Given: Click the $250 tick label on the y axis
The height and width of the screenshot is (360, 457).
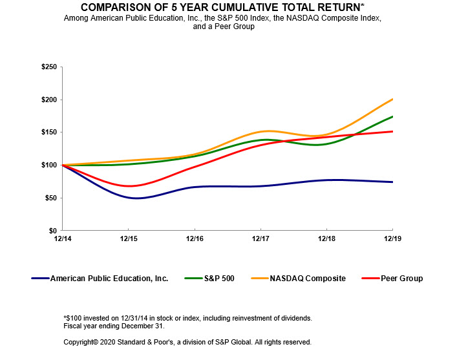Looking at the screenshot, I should [x=48, y=67].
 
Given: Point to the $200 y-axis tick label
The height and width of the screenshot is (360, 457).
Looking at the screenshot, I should [x=48, y=100].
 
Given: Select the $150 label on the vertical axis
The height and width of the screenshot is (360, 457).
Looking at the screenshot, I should [x=48, y=132].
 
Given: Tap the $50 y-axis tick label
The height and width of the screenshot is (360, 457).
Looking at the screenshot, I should [x=50, y=197].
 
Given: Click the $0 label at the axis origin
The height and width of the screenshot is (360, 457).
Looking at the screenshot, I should [x=53, y=230].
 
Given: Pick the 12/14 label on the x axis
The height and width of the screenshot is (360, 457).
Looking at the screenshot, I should [x=62, y=239].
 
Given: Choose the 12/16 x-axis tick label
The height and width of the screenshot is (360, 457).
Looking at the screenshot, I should [x=195, y=239].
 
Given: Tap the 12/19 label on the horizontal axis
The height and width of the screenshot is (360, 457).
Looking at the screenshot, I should [x=392, y=239].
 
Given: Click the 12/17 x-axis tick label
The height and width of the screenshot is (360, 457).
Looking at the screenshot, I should [x=260, y=239].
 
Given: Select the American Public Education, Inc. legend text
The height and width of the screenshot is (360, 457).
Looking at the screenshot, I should [x=109, y=279].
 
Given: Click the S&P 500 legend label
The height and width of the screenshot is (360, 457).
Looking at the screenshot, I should [x=218, y=279].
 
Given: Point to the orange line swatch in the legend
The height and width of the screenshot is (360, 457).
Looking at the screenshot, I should [x=258, y=279].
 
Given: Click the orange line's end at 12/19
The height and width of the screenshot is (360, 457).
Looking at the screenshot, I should [x=392, y=99].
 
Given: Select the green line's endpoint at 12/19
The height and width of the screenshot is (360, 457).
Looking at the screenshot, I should [x=392, y=116].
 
